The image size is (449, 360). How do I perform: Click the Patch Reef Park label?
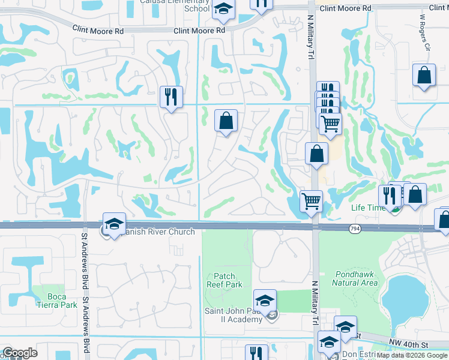pyautogui.click(x=224, y=280)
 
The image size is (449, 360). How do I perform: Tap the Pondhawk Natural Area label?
pyautogui.click(x=354, y=278)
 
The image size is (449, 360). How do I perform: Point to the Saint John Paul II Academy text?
pyautogui.click(x=235, y=315)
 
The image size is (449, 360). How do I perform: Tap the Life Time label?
pyautogui.click(x=367, y=208)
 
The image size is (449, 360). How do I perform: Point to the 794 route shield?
pyautogui.click(x=355, y=228)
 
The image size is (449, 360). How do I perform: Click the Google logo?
pyautogui.click(x=20, y=353)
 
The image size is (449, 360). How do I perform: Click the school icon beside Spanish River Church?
pyautogui.click(x=114, y=224)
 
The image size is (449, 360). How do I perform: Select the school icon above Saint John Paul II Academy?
pyautogui.click(x=265, y=301)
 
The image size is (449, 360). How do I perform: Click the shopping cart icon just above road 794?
pyautogui.click(x=311, y=201)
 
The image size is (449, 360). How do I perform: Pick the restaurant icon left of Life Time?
pyautogui.click(x=389, y=195)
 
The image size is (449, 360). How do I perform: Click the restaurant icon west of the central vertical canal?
pyautogui.click(x=171, y=97)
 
